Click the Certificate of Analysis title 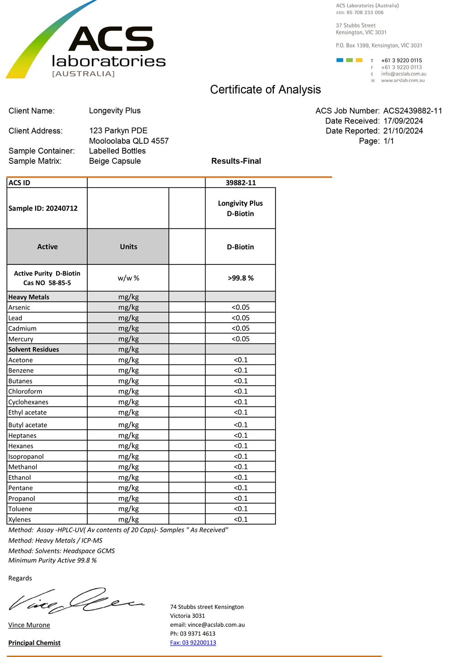[265, 90]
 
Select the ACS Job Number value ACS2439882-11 [412, 111]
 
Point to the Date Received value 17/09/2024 [403, 121]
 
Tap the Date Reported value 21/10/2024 [403, 131]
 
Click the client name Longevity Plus [115, 111]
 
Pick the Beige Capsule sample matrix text [115, 161]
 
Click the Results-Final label [236, 161]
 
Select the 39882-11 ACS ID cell [240, 183]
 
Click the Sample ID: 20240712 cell [43, 208]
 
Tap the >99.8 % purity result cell [240, 278]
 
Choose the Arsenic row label [19, 307]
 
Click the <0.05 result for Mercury [240, 339]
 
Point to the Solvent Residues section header [34, 350]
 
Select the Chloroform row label [25, 392]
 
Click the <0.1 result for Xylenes [240, 519]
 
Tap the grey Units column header [128, 247]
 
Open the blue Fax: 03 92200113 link [193, 643]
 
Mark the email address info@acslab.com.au [404, 74]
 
